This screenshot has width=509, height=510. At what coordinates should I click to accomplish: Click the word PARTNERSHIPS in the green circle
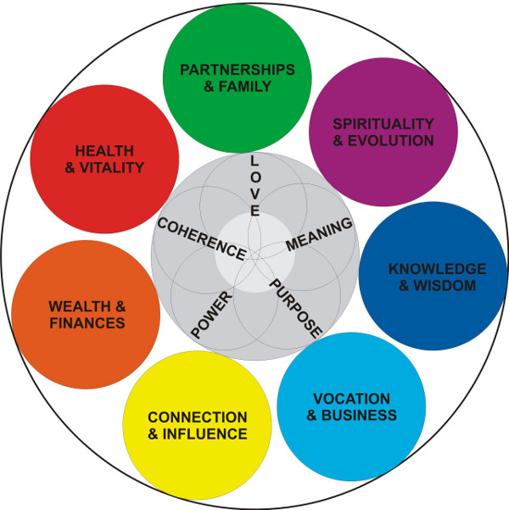click(237, 69)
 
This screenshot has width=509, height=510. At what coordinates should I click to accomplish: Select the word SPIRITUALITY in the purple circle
click(383, 124)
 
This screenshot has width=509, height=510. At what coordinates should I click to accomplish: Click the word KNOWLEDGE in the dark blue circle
click(437, 269)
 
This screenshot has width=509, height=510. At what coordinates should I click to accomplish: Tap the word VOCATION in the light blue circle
click(351, 399)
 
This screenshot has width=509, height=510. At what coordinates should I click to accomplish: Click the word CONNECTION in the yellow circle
click(197, 418)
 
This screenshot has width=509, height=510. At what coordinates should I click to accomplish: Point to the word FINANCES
click(87, 322)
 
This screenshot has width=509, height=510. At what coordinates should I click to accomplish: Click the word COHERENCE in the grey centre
click(202, 241)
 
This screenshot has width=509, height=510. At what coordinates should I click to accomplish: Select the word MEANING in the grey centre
click(319, 234)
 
